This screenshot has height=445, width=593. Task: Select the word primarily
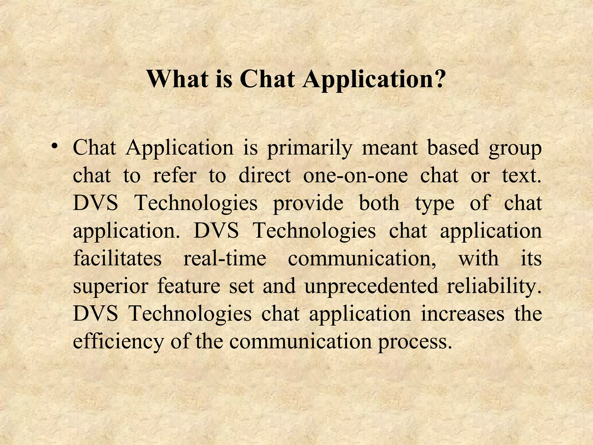click(x=309, y=149)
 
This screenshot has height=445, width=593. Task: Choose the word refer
click(x=174, y=175)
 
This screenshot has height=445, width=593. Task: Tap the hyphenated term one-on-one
click(x=355, y=175)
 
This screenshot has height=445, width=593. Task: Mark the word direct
click(x=264, y=175)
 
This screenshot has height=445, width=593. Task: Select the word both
click(x=379, y=203)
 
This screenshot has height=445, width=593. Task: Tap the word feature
click(x=188, y=286)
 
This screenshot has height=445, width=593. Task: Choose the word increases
click(x=462, y=313)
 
